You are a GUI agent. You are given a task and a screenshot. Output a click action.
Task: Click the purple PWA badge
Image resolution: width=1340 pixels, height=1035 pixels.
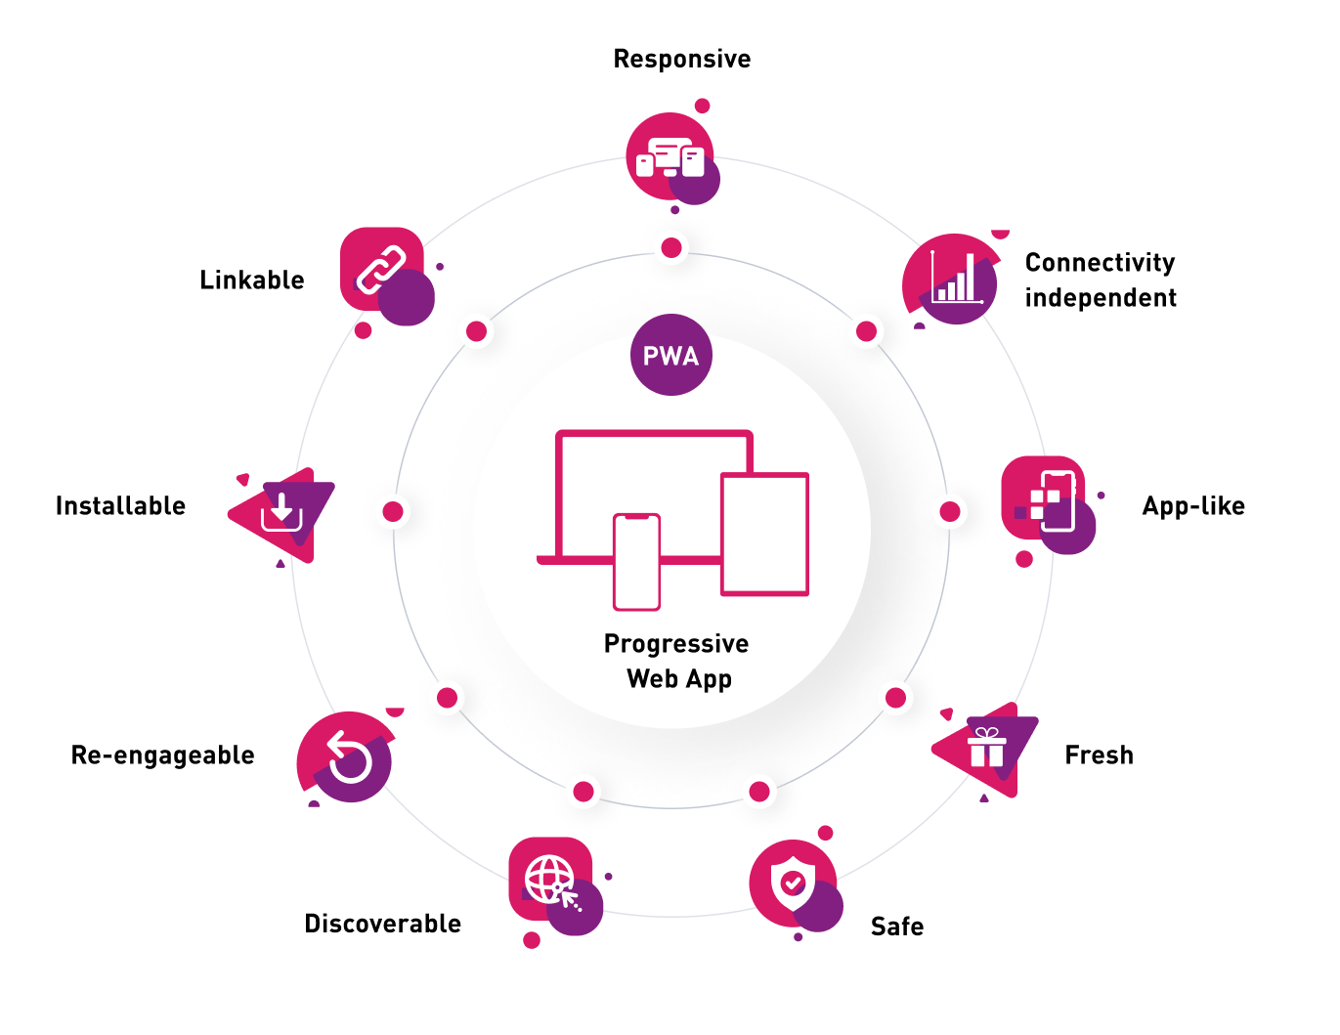[670, 355]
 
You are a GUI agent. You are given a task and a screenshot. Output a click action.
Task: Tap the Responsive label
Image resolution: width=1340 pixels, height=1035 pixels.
[681, 60]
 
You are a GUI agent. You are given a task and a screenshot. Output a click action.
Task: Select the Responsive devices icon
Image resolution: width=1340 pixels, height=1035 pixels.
[670, 158]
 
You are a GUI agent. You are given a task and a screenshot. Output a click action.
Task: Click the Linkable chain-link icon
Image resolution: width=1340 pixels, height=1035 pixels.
[382, 271]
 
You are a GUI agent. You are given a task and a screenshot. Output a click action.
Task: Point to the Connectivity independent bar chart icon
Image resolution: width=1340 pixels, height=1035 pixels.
[952, 279]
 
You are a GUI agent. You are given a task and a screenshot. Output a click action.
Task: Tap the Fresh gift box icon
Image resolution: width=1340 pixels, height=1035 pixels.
[985, 749]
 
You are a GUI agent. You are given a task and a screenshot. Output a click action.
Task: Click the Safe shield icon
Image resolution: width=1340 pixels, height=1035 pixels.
[793, 883]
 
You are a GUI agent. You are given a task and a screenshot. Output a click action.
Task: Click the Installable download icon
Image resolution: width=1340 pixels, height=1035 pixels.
[281, 511]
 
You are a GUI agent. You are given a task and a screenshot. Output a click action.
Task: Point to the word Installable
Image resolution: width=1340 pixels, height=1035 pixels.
[120, 506]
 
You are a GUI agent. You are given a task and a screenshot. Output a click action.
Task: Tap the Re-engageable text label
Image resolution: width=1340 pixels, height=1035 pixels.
[162, 755]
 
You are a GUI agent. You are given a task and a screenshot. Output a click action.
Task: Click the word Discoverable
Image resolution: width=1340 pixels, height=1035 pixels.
[382, 924]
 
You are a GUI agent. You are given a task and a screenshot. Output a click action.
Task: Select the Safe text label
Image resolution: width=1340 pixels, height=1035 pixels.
[896, 927]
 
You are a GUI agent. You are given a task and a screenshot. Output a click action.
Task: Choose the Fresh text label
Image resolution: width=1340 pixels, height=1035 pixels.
[1099, 755]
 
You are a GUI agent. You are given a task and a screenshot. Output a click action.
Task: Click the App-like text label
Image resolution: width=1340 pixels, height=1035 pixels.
[1192, 506]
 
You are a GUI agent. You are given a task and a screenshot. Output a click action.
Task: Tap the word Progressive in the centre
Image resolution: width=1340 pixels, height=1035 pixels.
[676, 644]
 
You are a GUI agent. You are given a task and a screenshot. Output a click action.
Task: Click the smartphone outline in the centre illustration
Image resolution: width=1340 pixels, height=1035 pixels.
[636, 562]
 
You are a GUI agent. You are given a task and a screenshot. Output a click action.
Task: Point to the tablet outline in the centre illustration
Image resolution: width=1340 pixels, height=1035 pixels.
[764, 534]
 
